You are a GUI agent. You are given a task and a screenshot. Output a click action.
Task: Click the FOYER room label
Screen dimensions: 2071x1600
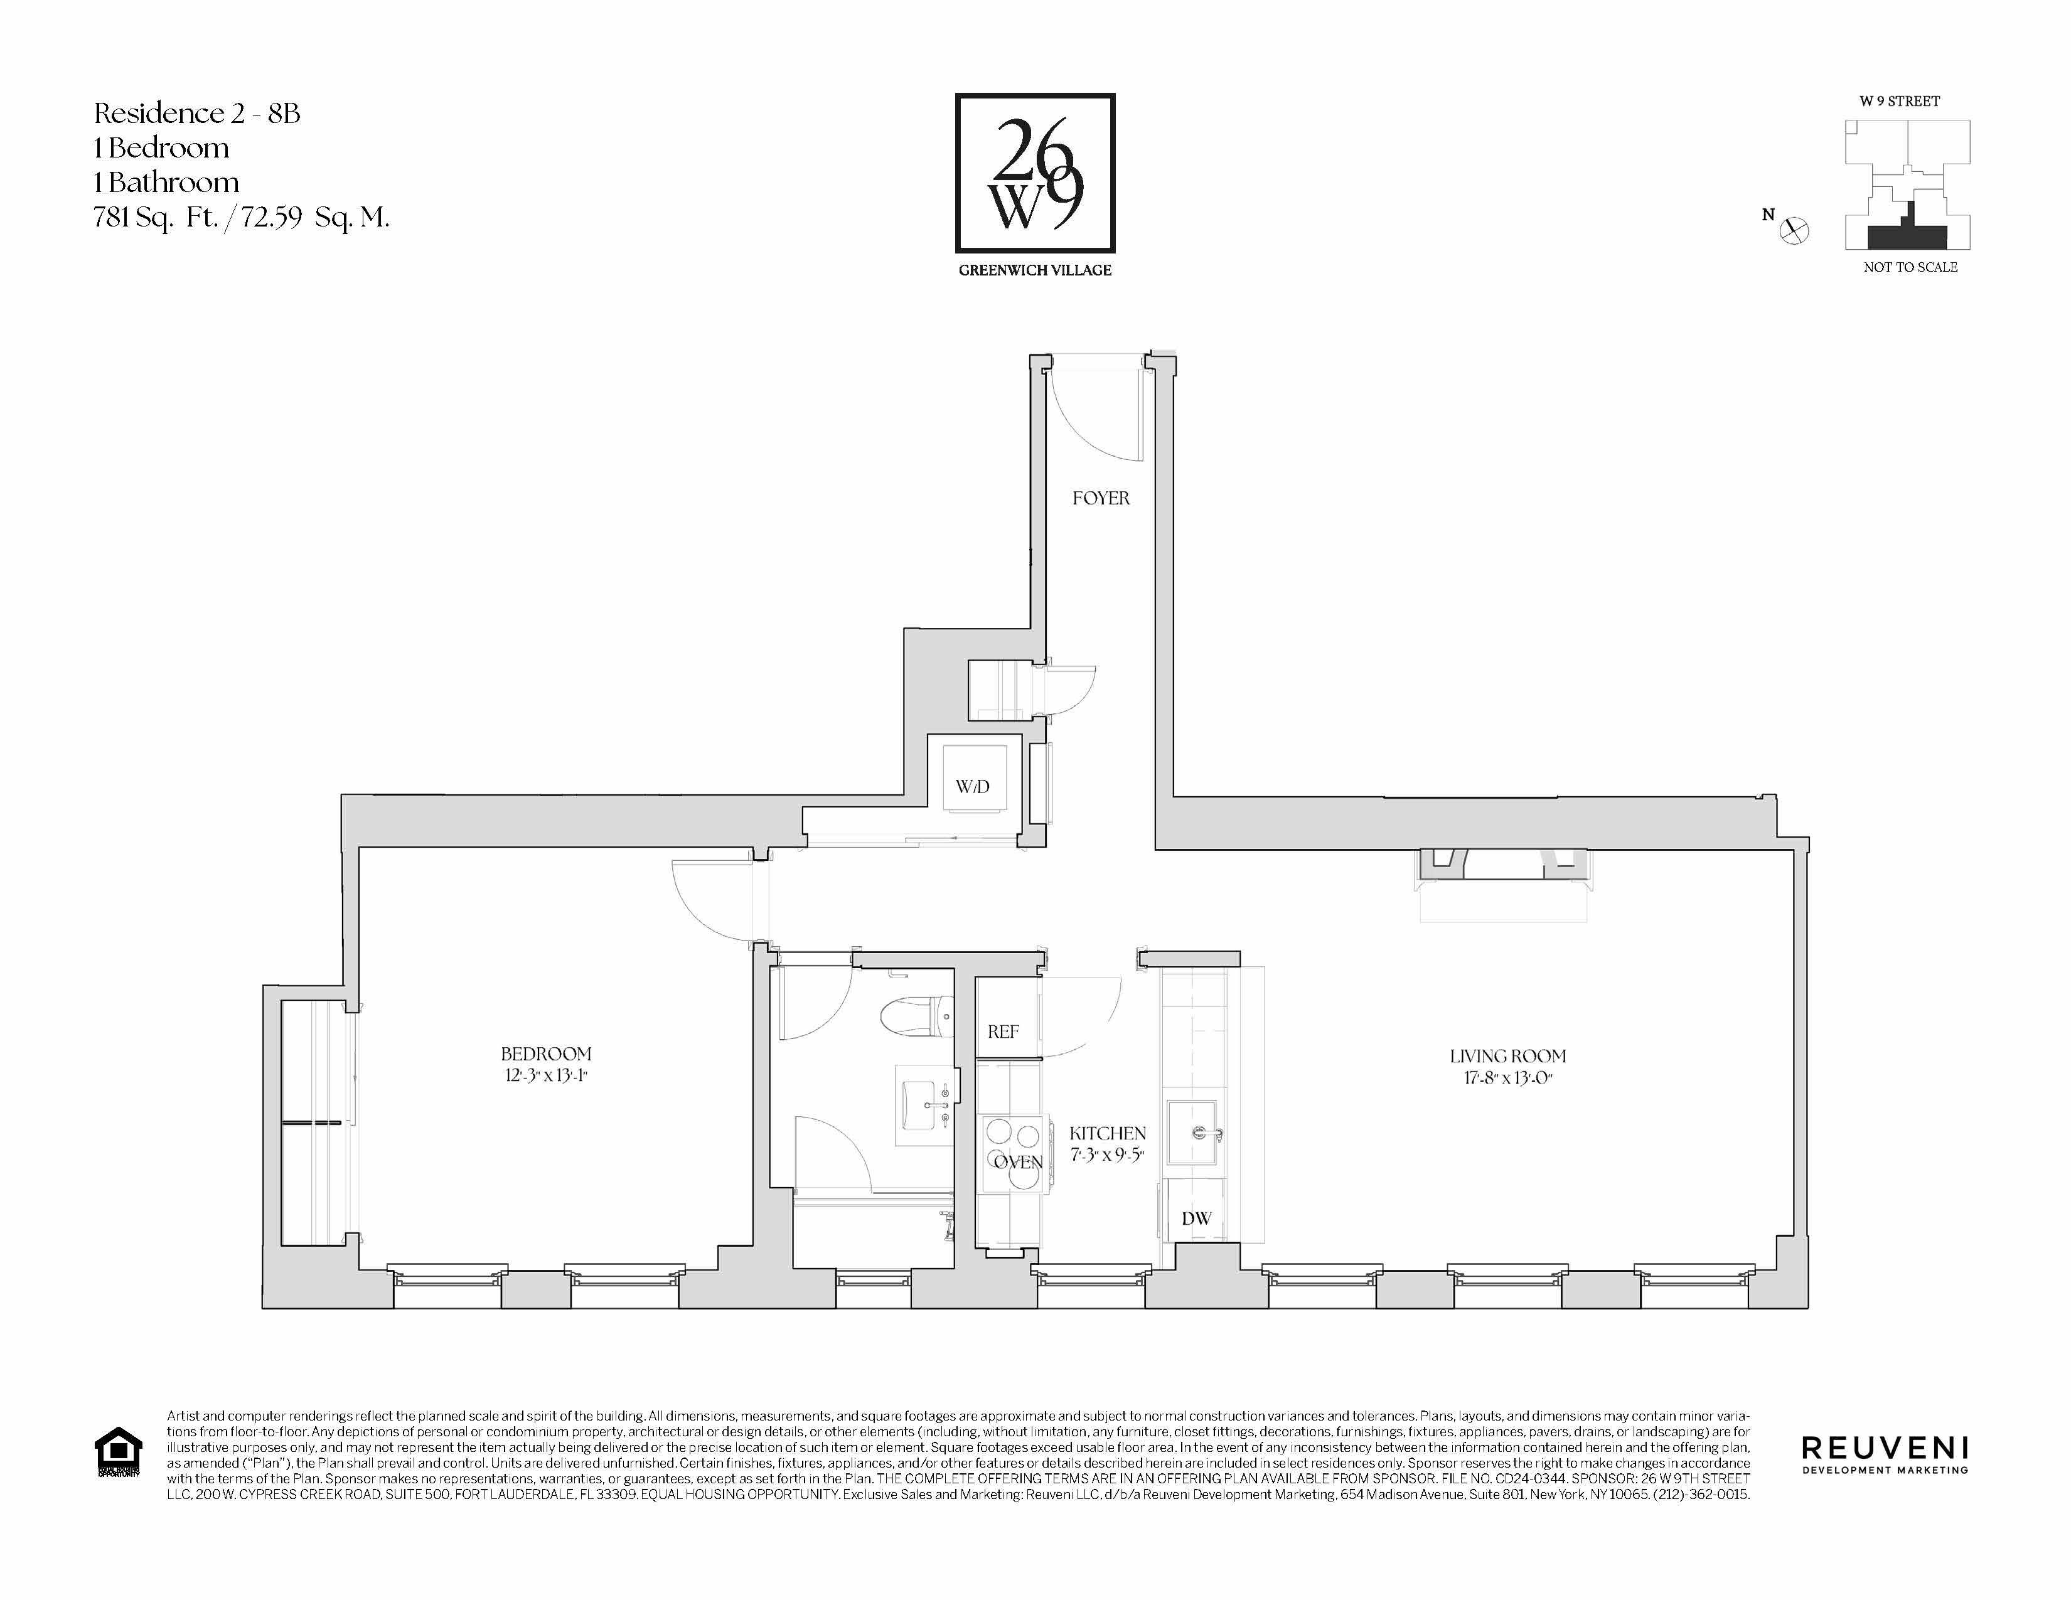(x=1100, y=498)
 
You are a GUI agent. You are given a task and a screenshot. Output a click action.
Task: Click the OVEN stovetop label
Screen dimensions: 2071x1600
(x=1017, y=1162)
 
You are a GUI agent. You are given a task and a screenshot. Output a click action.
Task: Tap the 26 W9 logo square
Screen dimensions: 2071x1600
(x=1034, y=173)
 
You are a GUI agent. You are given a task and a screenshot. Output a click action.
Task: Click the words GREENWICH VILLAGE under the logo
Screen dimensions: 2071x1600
(x=1034, y=270)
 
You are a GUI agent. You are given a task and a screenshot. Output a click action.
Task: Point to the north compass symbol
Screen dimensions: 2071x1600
(x=1794, y=230)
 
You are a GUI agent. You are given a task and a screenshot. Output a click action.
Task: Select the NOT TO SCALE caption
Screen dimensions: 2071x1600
(x=1910, y=267)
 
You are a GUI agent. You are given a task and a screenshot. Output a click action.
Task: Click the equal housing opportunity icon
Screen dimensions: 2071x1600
(x=119, y=1452)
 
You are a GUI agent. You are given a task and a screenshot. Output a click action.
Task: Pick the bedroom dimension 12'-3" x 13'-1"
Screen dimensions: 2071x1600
(x=546, y=1076)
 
